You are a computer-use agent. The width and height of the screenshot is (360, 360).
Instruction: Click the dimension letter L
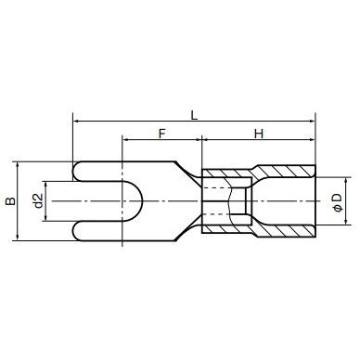coord(193,114)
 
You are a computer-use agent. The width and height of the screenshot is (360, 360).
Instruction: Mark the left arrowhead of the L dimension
coord(76,121)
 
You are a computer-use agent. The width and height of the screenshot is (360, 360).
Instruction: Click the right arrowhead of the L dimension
coord(312,121)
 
